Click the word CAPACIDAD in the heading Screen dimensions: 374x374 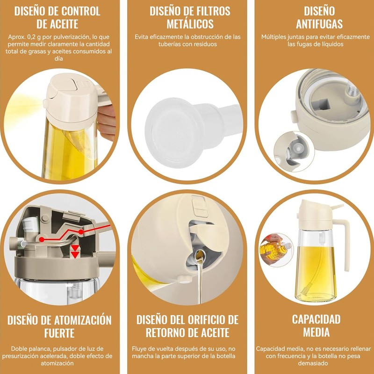click(316, 319)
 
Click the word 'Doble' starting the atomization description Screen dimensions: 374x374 click(18, 349)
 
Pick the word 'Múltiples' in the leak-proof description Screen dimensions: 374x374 click(276, 36)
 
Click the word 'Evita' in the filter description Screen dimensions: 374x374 click(143, 36)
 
